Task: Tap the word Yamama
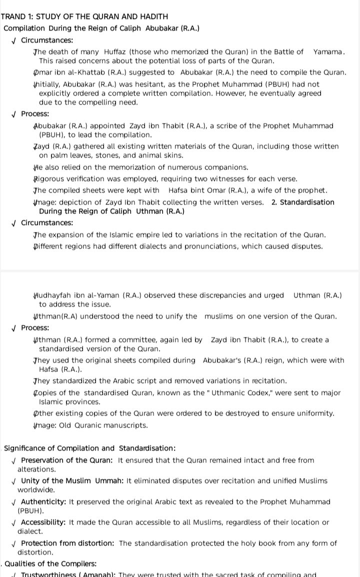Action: tap(329, 52)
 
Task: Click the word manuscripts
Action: tap(121, 425)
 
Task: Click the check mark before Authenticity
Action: tap(15, 501)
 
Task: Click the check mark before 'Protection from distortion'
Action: tap(15, 543)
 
